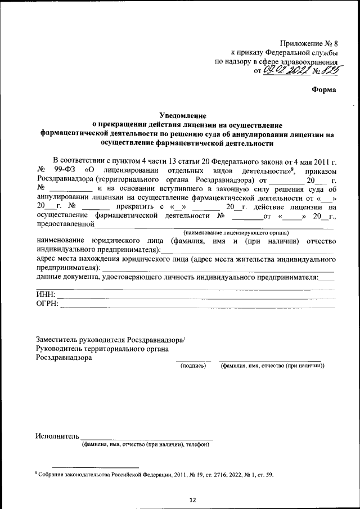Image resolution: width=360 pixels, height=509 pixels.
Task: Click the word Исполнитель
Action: [57, 436]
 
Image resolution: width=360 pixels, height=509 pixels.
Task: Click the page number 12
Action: [192, 499]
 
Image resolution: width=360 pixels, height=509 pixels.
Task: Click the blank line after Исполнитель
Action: [147, 438]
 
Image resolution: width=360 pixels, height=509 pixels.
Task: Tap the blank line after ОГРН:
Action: [197, 308]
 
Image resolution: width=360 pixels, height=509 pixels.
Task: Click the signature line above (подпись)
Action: [193, 361]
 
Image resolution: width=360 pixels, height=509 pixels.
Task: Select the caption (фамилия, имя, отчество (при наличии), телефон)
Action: [146, 445]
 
